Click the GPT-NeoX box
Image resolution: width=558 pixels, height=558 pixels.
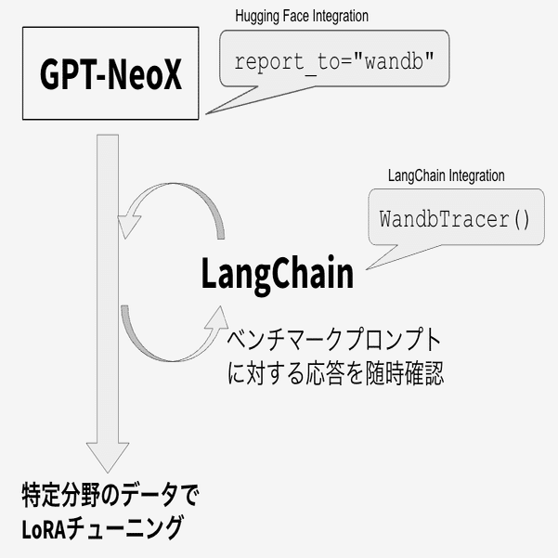[x=110, y=73]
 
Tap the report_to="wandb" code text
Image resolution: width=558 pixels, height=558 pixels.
[x=334, y=61]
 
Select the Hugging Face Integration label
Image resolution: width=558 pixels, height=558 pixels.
[x=302, y=17]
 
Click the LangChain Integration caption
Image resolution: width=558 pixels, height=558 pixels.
[x=447, y=175]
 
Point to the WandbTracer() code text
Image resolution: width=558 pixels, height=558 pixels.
[x=454, y=219]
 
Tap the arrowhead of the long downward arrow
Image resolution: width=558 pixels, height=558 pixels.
[x=108, y=458]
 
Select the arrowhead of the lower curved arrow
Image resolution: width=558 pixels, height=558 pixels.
[x=218, y=318]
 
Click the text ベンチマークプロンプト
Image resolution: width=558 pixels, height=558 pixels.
[x=334, y=340]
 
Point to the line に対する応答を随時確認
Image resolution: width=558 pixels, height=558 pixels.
[x=335, y=373]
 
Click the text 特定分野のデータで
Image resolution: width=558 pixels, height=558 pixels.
[x=110, y=495]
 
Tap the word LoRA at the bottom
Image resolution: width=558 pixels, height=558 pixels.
[x=44, y=529]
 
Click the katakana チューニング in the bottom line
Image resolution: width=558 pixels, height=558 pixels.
[x=123, y=529]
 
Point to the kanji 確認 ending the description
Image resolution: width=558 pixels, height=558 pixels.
[x=423, y=373]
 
